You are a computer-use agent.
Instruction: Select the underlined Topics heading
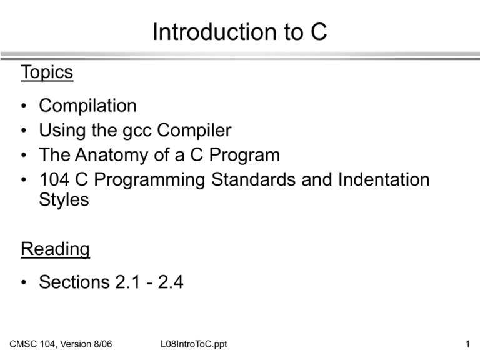tap(47, 72)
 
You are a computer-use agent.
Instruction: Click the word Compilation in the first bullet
tap(87, 106)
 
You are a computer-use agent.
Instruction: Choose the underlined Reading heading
tap(55, 249)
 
